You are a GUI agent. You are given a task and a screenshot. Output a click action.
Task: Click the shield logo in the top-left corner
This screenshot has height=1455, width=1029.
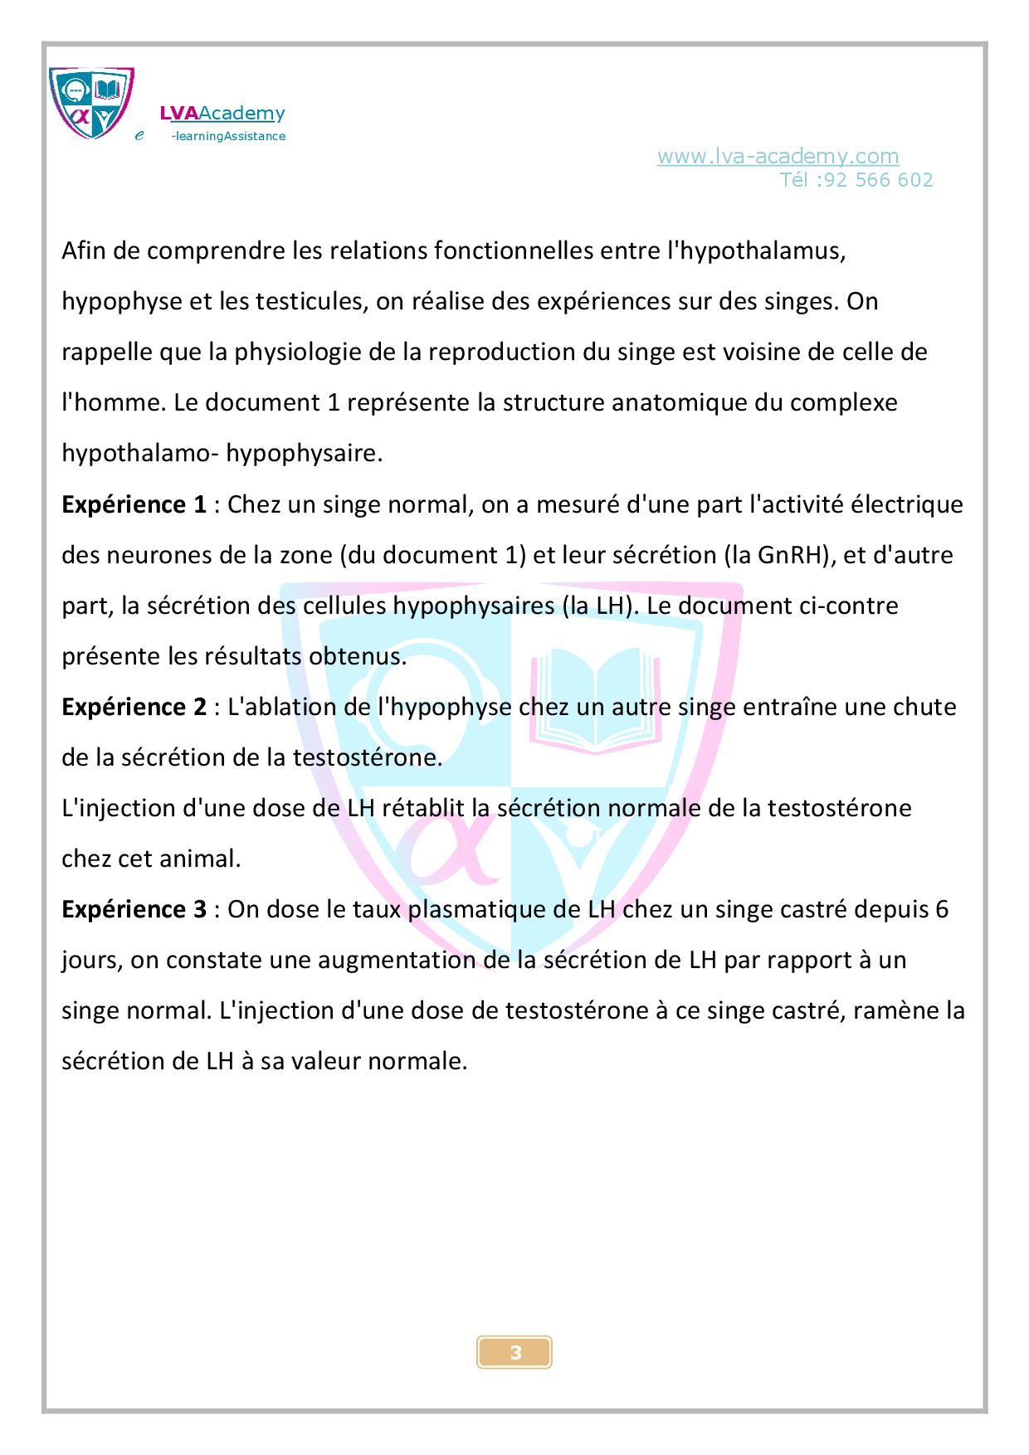pos(91,103)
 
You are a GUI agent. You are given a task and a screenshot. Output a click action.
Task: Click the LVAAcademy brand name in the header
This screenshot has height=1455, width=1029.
pos(222,114)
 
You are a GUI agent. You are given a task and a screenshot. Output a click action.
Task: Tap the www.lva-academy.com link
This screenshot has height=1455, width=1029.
pos(778,156)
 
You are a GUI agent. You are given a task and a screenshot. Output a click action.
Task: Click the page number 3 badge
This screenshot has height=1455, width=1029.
pos(514,1353)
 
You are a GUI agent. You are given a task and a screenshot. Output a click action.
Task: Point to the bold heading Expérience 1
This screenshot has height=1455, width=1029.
pos(134,504)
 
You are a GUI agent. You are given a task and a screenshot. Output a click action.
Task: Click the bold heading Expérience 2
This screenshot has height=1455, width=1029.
pos(134,707)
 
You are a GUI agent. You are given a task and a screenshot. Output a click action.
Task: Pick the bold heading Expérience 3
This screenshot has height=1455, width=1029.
pos(134,909)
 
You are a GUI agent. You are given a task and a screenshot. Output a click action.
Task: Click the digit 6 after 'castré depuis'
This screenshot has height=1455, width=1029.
pos(941,909)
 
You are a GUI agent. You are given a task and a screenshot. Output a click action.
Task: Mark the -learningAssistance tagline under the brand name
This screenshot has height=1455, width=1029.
pos(228,136)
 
